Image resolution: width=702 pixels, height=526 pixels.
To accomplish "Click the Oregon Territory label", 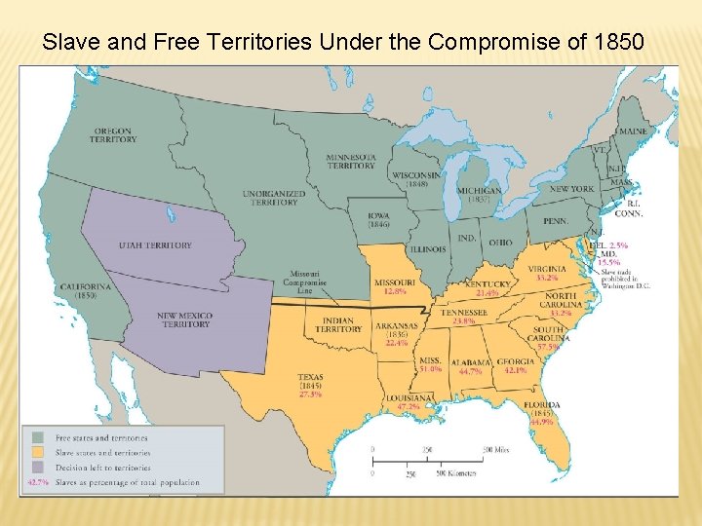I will (x=114, y=134).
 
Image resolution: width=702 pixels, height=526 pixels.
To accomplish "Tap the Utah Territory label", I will (x=155, y=245).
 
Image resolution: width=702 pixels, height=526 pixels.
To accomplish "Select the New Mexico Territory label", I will (x=186, y=319).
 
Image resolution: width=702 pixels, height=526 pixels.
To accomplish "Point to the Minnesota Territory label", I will (x=351, y=161).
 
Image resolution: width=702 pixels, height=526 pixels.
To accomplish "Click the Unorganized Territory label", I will (x=273, y=198).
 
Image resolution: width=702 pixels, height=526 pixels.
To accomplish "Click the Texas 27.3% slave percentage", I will (x=311, y=394).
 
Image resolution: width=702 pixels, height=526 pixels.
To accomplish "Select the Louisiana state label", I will (x=408, y=397).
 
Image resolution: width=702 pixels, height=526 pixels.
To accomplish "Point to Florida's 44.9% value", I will (x=541, y=422).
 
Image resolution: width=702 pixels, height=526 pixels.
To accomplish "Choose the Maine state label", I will (x=632, y=131).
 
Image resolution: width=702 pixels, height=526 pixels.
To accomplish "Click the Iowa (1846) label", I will (x=380, y=220).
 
